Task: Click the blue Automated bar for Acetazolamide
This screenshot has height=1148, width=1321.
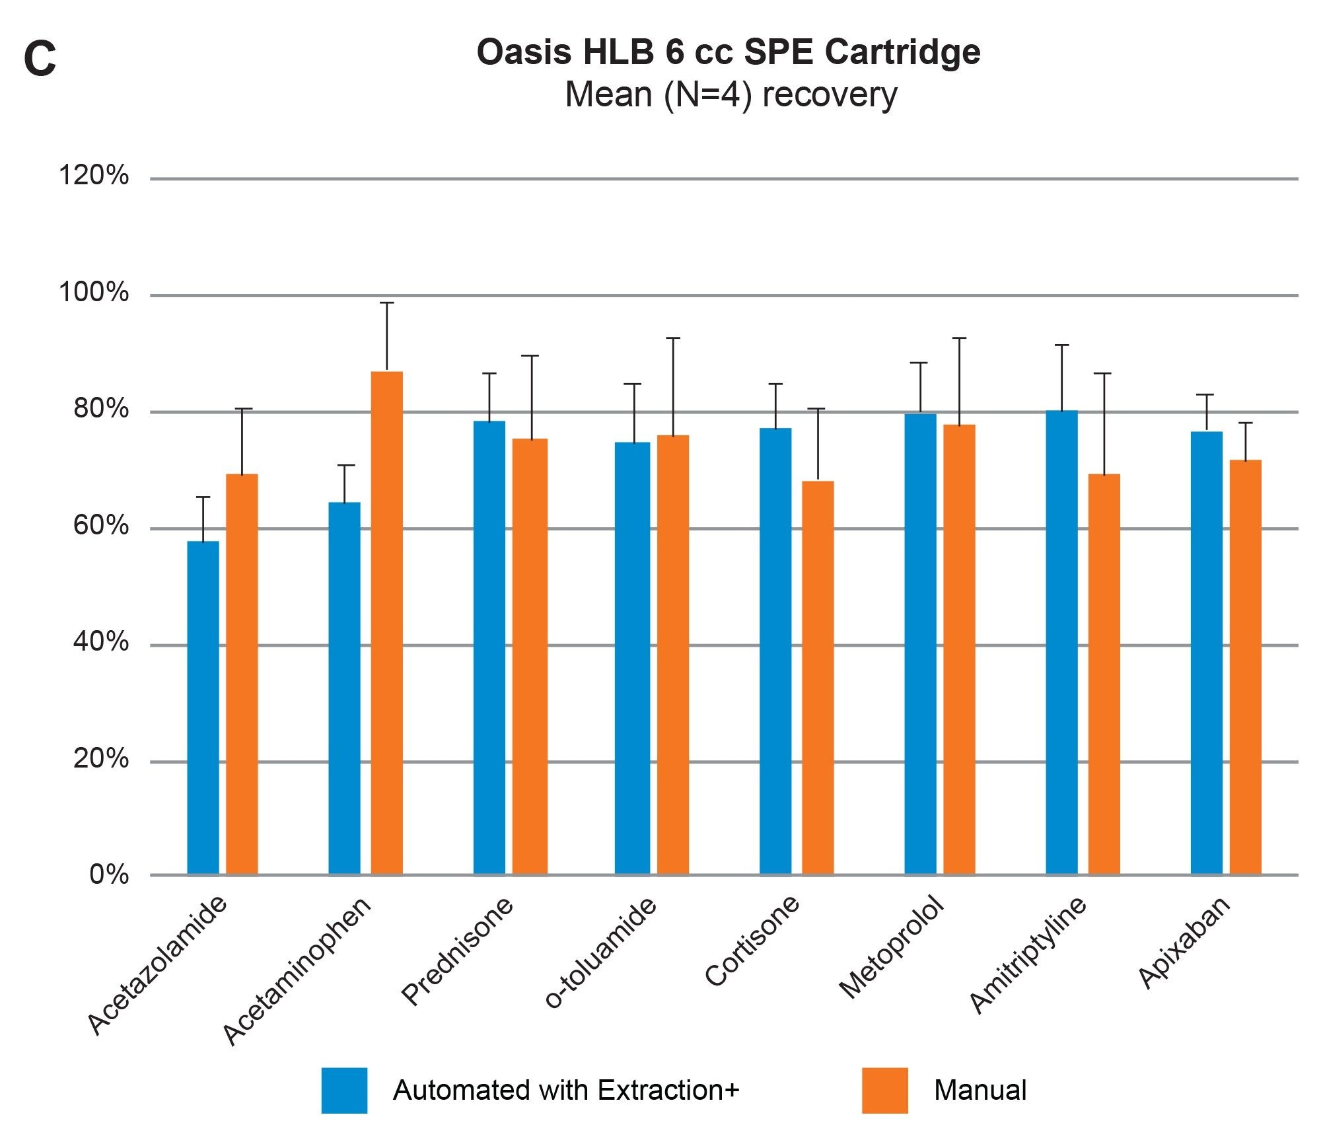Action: [203, 707]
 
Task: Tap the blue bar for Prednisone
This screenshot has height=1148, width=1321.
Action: [489, 647]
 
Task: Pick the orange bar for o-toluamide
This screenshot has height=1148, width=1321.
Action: [672, 654]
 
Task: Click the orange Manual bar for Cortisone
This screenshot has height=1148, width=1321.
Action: [818, 677]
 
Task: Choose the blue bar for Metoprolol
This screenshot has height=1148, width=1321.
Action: [920, 644]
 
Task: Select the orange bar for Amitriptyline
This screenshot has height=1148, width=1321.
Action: [1104, 674]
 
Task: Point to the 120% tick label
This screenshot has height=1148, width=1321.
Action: [94, 176]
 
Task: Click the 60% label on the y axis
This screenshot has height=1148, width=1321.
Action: [100, 526]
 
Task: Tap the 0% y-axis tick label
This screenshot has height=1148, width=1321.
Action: [109, 875]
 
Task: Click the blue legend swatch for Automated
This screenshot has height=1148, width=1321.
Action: [344, 1091]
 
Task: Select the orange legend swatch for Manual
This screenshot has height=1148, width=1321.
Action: [884, 1091]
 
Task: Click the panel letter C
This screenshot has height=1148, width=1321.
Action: [40, 59]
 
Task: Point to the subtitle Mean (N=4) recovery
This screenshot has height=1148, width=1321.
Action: [731, 94]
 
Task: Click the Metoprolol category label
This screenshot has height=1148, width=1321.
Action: [892, 947]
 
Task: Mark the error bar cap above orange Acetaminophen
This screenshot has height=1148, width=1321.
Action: [386, 303]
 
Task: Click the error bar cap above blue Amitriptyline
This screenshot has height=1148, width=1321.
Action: [1061, 345]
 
